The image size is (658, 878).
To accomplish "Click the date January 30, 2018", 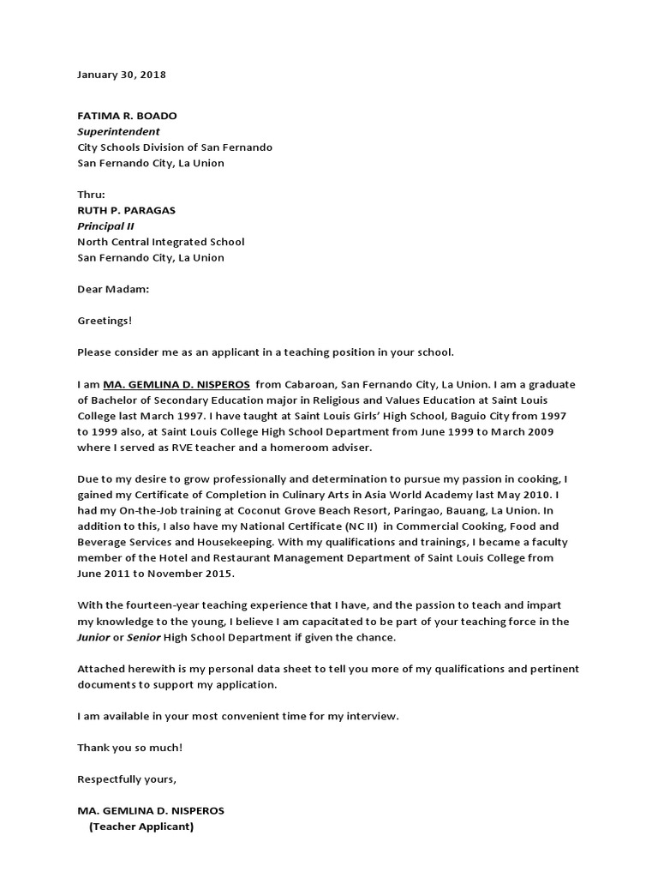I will [x=122, y=75].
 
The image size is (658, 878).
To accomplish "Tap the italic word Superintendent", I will [x=118, y=132].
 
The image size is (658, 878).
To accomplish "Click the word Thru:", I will [x=91, y=195].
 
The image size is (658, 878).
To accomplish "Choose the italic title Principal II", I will [x=105, y=226].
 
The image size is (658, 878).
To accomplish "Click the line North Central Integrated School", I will [x=161, y=242].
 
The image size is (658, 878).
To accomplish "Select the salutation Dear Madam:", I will [x=113, y=289].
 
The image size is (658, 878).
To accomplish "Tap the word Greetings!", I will [x=105, y=321].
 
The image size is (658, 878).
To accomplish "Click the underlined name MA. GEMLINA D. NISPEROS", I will [x=176, y=384].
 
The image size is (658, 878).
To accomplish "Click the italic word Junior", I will [x=94, y=637].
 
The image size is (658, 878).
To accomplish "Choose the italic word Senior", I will [x=143, y=637].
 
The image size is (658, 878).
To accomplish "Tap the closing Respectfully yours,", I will [x=127, y=779].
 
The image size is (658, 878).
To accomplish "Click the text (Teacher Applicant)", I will [x=141, y=827].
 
